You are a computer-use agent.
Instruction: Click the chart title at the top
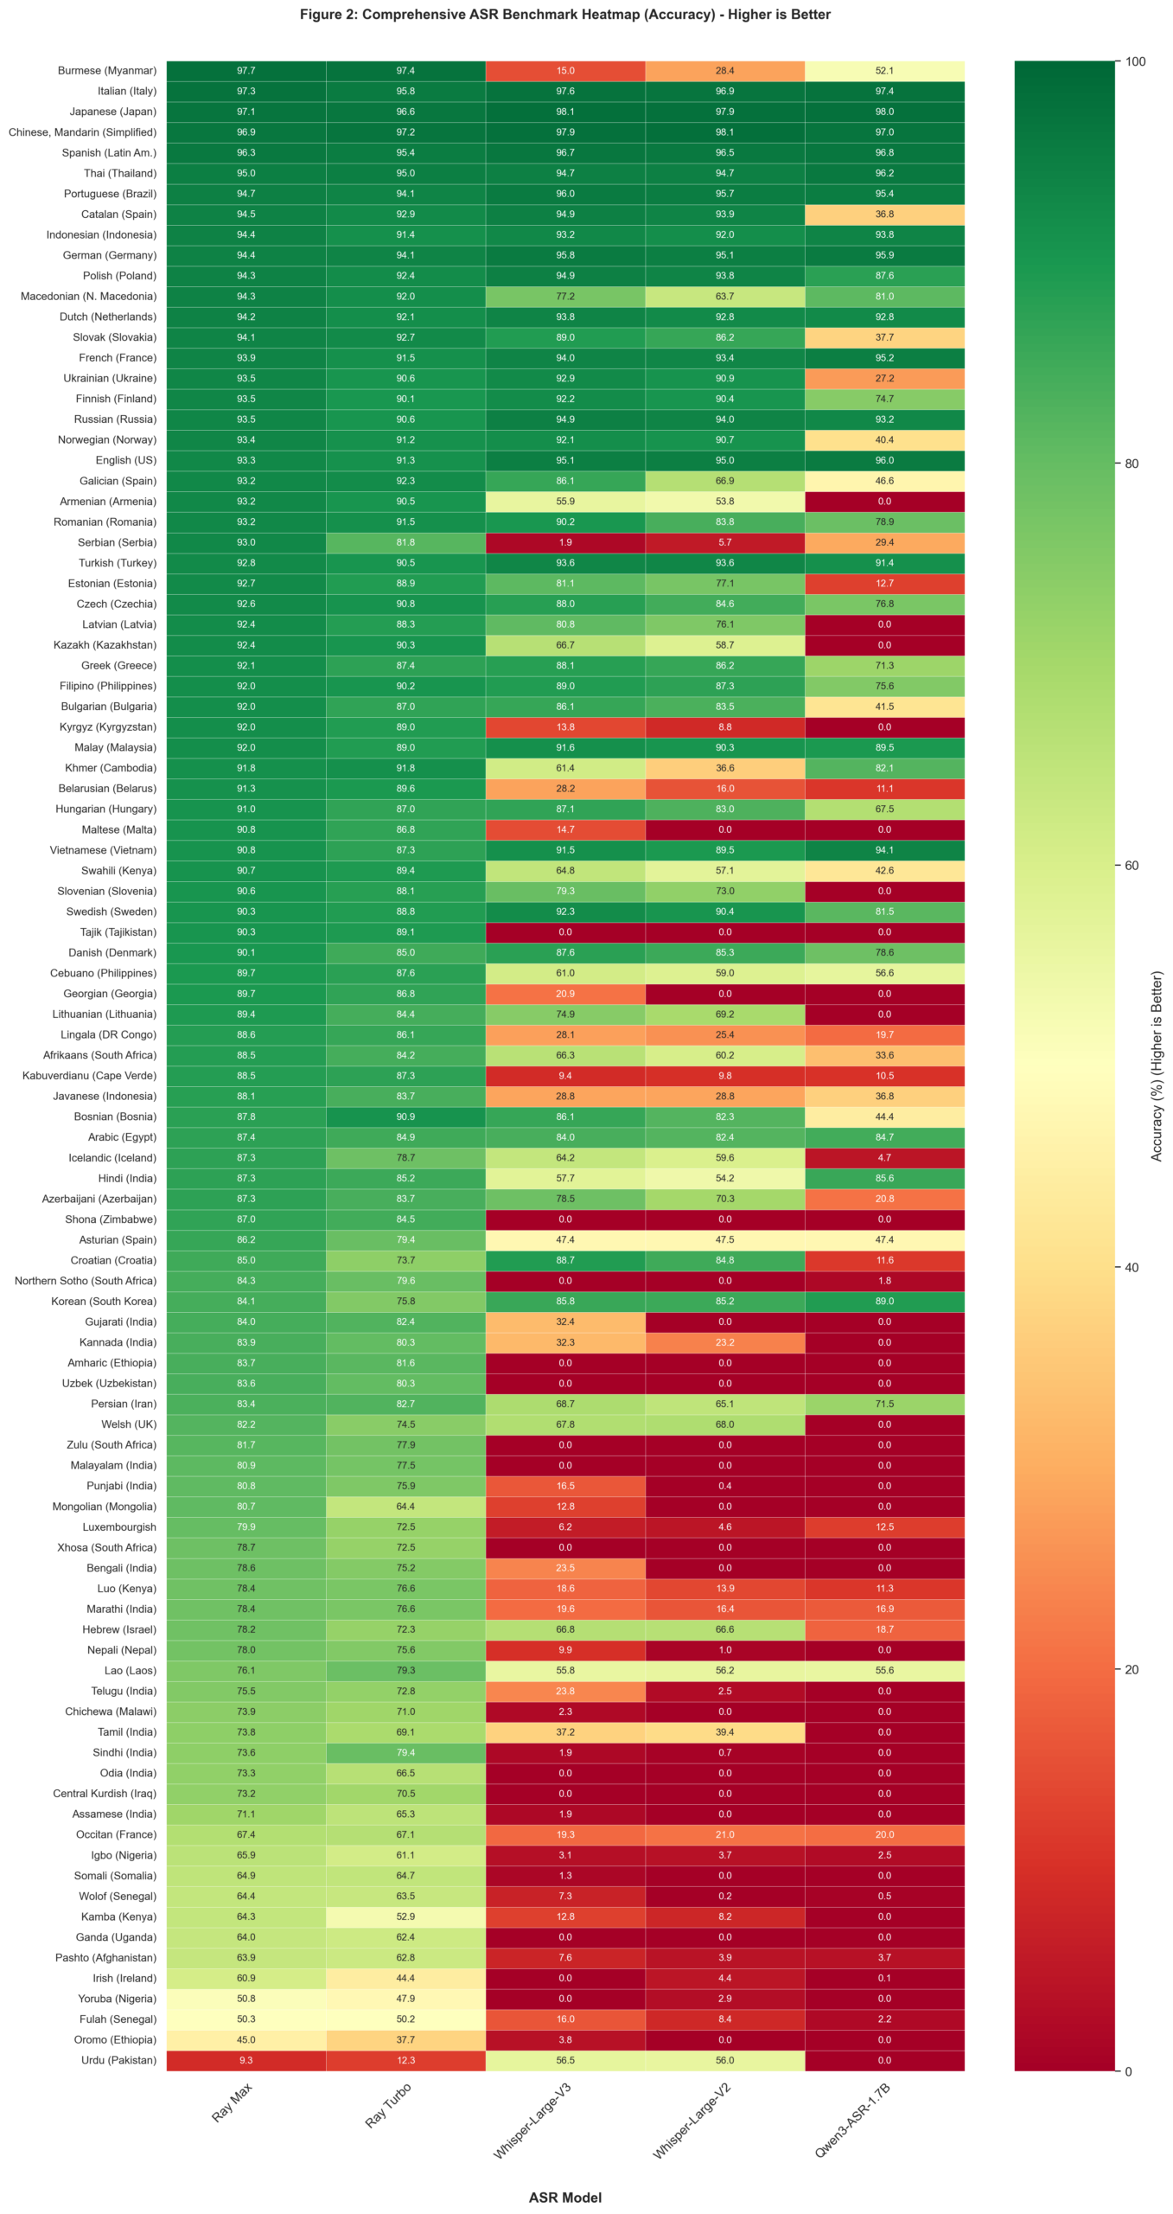click(x=564, y=15)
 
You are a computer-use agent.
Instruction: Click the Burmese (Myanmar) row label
click(x=106, y=71)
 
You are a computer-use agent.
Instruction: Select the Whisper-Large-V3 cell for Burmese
click(x=564, y=71)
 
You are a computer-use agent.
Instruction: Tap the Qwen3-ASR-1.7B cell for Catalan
click(x=883, y=214)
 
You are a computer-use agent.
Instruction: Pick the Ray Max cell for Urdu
click(x=245, y=2059)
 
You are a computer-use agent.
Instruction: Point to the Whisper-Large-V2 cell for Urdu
click(x=724, y=2059)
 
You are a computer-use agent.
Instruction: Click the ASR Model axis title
click(x=564, y=2197)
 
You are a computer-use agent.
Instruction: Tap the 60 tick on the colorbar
click(x=1131, y=865)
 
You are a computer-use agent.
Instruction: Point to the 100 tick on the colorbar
click(x=1134, y=61)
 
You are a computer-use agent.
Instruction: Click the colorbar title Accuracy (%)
click(x=1157, y=1065)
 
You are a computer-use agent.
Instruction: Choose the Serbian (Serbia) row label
click(x=117, y=542)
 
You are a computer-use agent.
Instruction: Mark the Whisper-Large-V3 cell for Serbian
click(x=564, y=542)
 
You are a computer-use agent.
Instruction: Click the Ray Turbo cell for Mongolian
click(x=405, y=1506)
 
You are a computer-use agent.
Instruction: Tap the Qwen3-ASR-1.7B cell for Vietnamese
click(x=883, y=850)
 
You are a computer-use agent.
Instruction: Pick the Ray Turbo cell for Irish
click(x=405, y=1977)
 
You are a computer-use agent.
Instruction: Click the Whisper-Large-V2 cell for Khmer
click(x=724, y=768)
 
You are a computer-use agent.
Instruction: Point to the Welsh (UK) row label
click(x=129, y=1424)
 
